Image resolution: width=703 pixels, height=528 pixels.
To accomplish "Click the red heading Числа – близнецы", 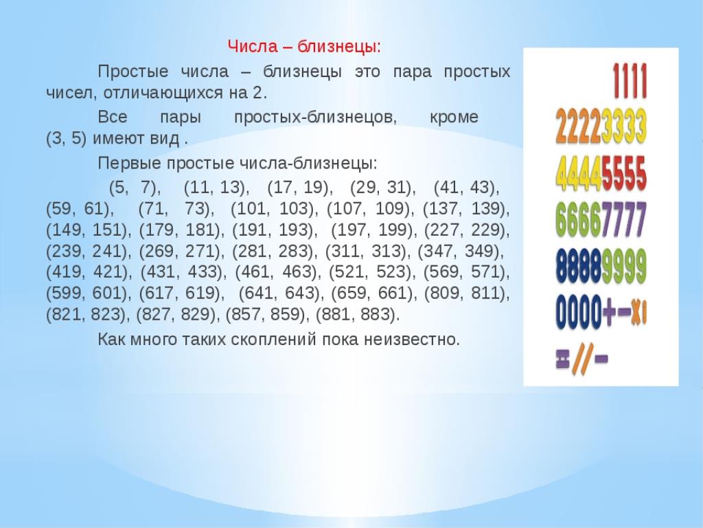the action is [x=304, y=46].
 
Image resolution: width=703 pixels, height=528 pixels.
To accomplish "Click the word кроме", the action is [x=454, y=117].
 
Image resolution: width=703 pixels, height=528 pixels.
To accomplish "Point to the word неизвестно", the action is [x=412, y=340].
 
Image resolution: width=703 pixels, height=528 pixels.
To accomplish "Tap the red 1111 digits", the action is [x=630, y=81].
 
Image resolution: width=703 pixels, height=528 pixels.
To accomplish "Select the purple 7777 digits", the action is [x=623, y=219].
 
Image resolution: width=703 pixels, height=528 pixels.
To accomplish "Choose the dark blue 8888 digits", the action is [x=578, y=266].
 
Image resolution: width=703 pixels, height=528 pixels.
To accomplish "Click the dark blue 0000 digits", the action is [x=578, y=312].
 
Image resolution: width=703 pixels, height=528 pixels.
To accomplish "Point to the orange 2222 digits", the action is [x=578, y=126].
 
